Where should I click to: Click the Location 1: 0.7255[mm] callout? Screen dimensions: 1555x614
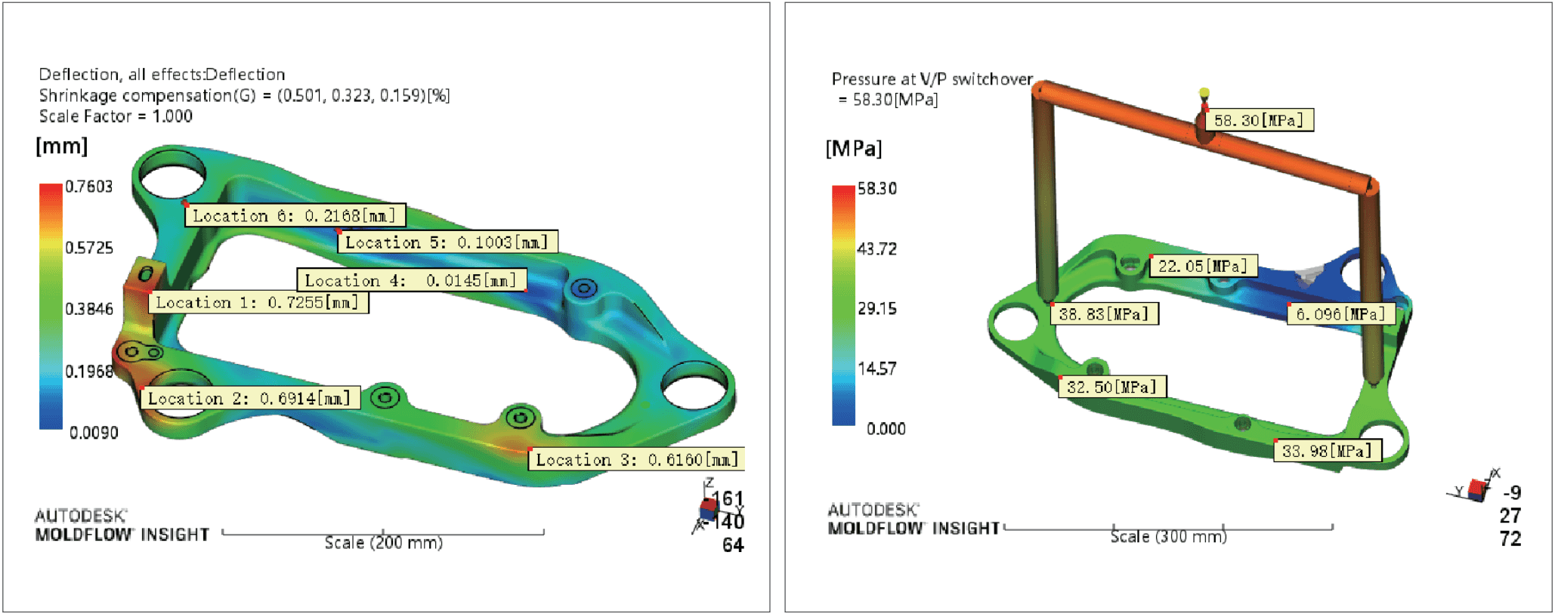[258, 302]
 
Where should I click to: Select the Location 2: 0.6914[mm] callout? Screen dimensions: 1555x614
[250, 398]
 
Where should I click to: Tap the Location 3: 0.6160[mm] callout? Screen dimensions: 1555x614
[636, 459]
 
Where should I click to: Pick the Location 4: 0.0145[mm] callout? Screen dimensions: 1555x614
[412, 280]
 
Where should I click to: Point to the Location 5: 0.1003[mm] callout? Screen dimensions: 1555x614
[447, 242]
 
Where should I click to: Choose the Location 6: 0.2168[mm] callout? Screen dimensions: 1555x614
[295, 215]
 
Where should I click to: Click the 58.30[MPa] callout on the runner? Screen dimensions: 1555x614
[1259, 120]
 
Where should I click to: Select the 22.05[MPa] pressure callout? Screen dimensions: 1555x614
[1203, 266]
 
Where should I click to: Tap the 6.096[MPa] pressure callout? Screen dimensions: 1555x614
[1340, 313]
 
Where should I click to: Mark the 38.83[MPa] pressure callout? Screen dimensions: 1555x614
[1104, 313]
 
